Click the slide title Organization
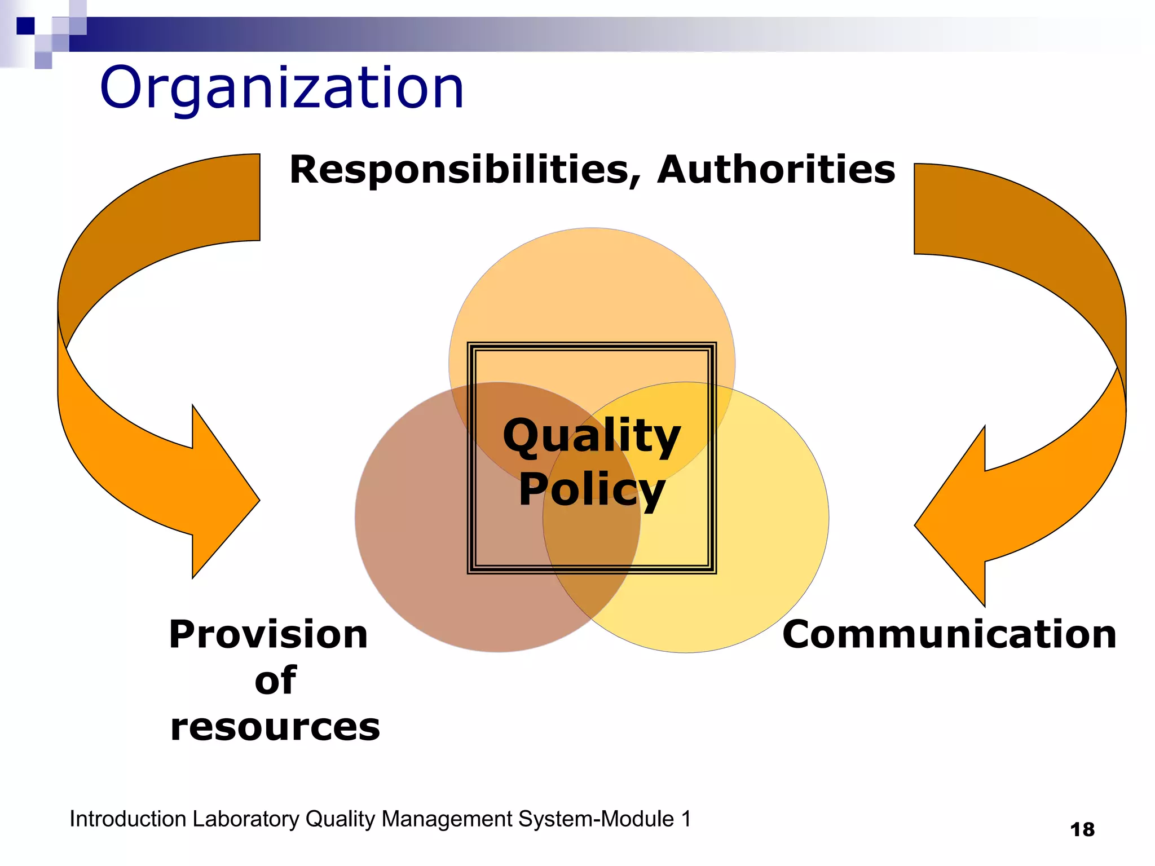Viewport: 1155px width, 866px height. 281,89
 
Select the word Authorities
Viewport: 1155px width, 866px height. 776,170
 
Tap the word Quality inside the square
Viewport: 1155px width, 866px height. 592,436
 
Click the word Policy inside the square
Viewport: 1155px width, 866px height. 592,489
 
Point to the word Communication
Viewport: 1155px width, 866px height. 949,635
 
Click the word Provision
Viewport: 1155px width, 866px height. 268,635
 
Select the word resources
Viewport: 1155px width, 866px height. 275,727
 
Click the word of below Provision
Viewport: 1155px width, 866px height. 275,681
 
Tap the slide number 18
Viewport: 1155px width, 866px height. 1082,830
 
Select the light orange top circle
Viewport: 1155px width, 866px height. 592,282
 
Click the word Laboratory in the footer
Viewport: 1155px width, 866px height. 245,819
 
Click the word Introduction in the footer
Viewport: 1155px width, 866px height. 128,819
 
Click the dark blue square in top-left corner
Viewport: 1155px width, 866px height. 25,26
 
